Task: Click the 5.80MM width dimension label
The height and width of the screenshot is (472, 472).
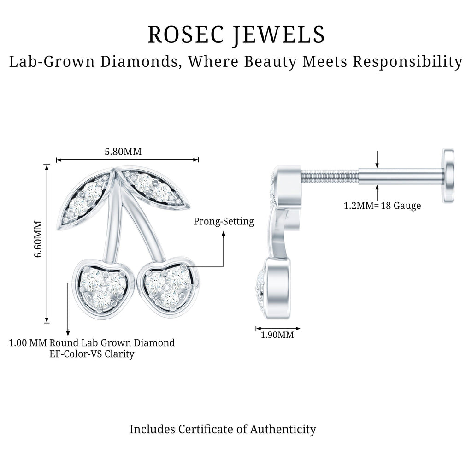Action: point(123,152)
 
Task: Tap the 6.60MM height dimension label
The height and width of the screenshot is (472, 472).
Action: point(38,239)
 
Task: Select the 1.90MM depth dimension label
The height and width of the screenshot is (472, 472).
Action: point(277,335)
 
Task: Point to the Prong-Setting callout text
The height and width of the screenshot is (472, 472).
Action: point(224,222)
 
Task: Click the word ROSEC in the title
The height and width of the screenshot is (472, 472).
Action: point(187,35)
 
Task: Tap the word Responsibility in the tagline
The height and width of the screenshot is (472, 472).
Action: point(407,62)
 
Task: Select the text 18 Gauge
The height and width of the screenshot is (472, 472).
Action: point(401,206)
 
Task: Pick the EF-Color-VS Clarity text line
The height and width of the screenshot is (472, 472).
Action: point(92,354)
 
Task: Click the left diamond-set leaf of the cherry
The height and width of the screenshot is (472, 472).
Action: point(85,199)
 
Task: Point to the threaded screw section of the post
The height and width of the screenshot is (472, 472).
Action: point(329,177)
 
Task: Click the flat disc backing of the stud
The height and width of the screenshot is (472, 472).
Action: point(448,176)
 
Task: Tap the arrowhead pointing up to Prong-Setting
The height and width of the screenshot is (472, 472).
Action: point(224,233)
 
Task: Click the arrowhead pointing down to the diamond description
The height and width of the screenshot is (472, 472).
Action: point(68,333)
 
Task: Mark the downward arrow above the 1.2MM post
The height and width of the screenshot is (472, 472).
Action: point(377,159)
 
